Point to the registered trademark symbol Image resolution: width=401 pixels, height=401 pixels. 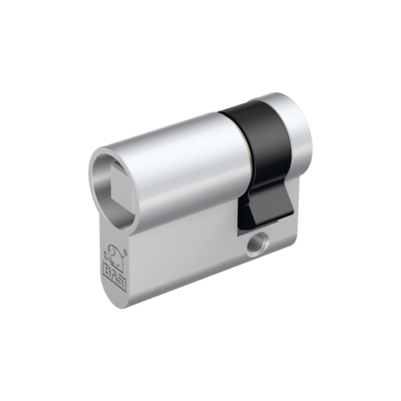point(125,252)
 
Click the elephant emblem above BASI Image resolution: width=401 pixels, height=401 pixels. point(114,256)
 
